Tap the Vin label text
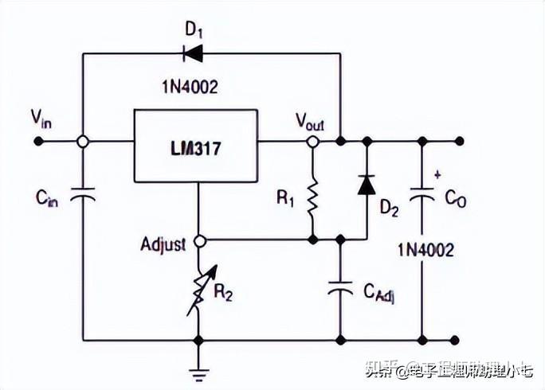pos(41,119)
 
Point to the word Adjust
pos(163,242)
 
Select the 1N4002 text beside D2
pos(425,250)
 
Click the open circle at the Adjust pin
pos(199,239)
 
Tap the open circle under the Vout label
pos(312,142)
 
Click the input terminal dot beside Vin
pos(38,142)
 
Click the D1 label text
pos(194,30)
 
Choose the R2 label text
pos(222,293)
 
